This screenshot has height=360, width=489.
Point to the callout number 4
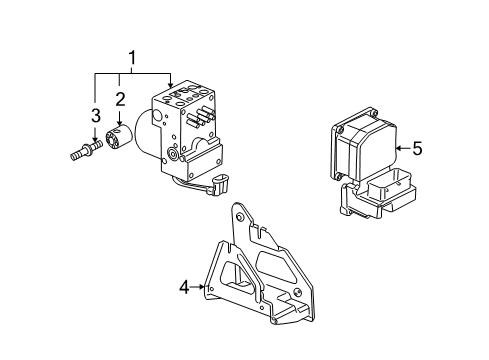184,288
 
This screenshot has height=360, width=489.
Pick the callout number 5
417,148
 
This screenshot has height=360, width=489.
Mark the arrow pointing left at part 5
398,148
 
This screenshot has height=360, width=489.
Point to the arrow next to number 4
199,288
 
